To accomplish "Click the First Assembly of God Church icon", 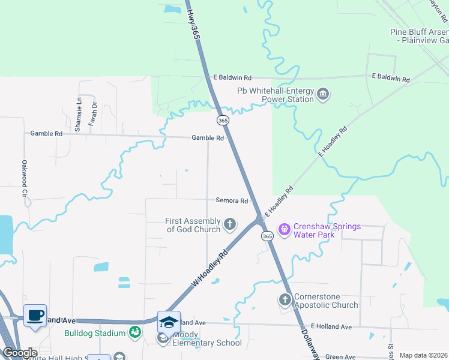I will point(229,225).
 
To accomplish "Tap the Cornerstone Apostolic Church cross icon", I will point(285,299).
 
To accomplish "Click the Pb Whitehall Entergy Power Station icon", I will point(323,94).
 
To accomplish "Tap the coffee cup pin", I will point(35,315).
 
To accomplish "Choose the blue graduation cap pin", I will point(169,321).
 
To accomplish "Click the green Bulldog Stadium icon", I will point(135,332).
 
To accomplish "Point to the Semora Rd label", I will point(232,200).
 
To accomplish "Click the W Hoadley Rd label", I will point(211,268).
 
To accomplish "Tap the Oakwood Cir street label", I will point(25,179).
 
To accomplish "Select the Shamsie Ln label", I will point(78,115).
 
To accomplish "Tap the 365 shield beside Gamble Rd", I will point(223,121).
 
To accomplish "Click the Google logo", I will point(19,353).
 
